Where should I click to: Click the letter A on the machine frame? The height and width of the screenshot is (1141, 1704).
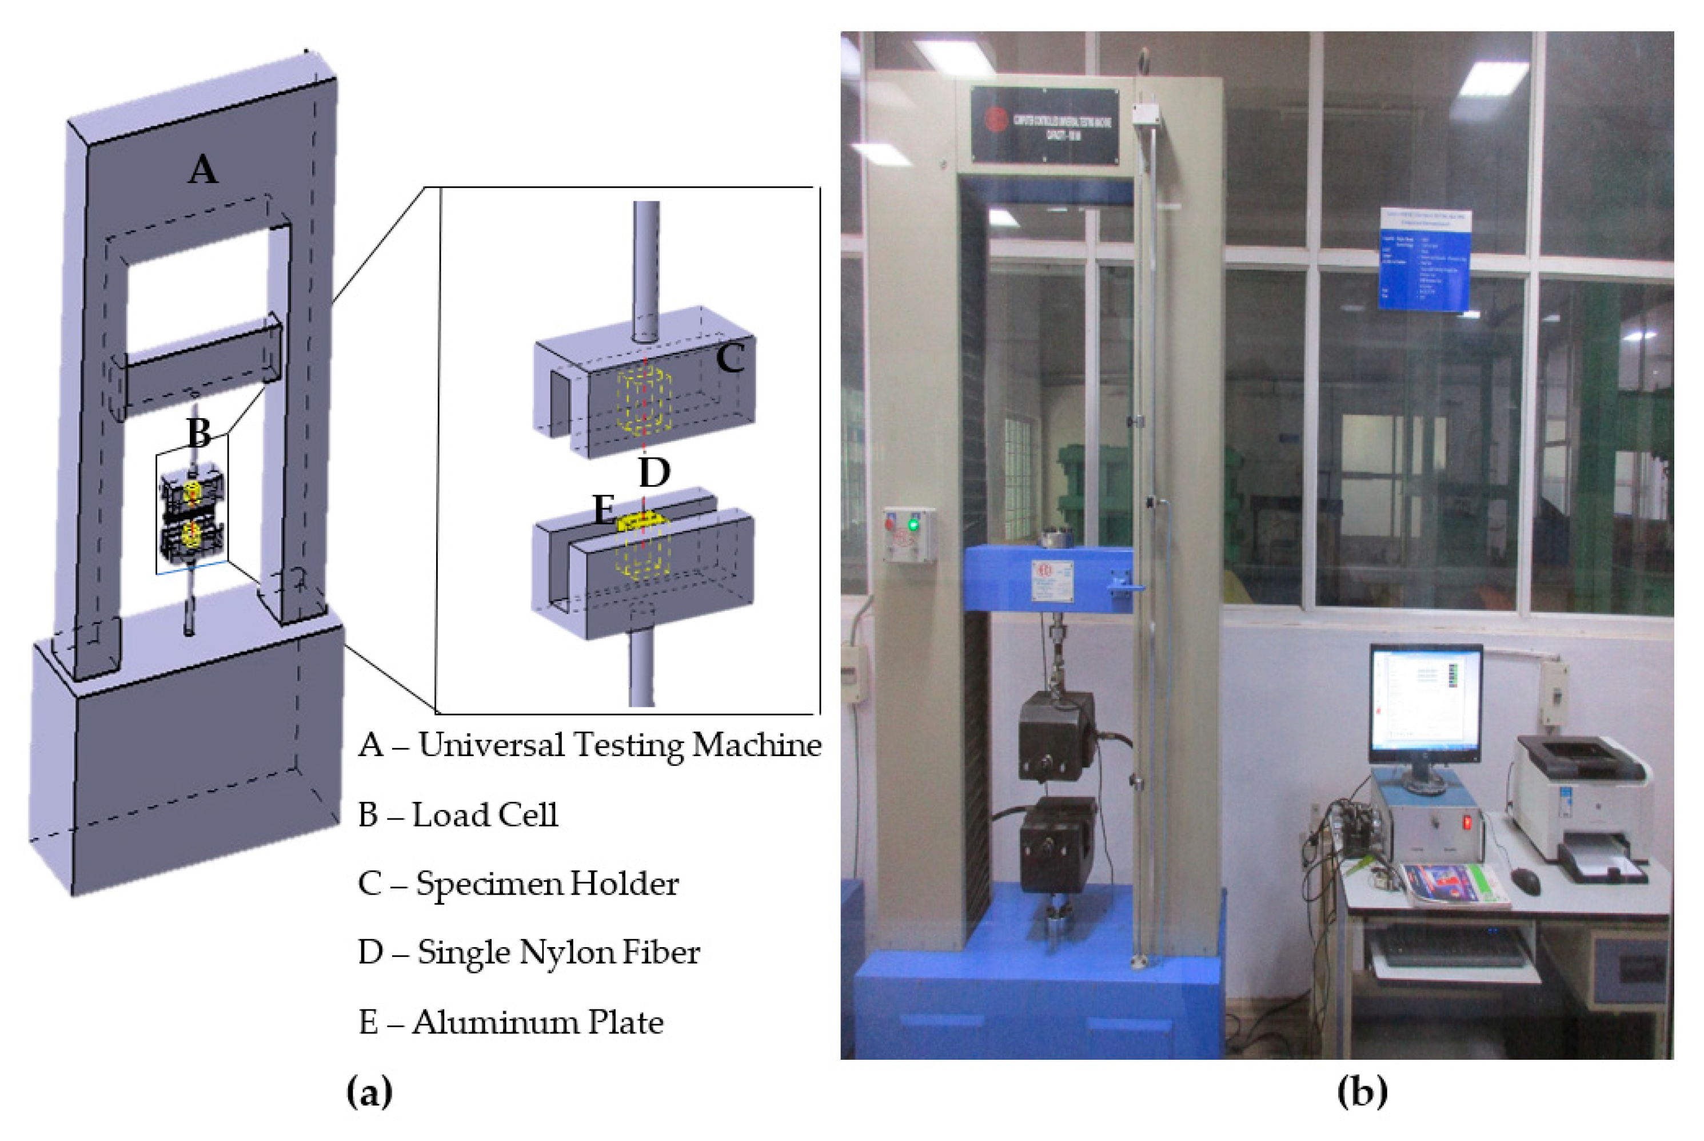(x=202, y=170)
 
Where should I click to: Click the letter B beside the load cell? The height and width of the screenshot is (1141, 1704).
(x=198, y=433)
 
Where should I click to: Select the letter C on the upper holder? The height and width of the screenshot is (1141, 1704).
(x=729, y=359)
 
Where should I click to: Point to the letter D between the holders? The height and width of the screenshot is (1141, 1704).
(x=654, y=473)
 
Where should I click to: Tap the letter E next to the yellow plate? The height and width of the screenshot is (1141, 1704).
(x=603, y=510)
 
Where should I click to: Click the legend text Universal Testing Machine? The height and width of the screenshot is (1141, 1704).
(x=620, y=745)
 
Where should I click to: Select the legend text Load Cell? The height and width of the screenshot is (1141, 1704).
(x=485, y=815)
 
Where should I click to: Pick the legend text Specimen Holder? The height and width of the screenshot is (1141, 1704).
(x=547, y=884)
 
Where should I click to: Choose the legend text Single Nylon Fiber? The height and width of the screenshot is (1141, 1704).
(x=558, y=952)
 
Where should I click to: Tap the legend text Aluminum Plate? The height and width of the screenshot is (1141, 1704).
(x=537, y=1023)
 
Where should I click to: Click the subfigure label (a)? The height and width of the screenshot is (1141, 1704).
(x=369, y=1091)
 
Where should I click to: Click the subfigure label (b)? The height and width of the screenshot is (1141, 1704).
(x=1362, y=1091)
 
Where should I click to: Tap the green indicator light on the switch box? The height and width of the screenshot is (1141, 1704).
(x=913, y=524)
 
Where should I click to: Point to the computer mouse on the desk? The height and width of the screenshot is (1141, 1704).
(x=1525, y=882)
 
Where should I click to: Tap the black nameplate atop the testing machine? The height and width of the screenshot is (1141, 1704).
(x=1044, y=125)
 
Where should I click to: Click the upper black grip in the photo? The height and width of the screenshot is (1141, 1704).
(x=1056, y=737)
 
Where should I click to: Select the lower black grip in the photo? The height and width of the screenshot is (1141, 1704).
(x=1058, y=844)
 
